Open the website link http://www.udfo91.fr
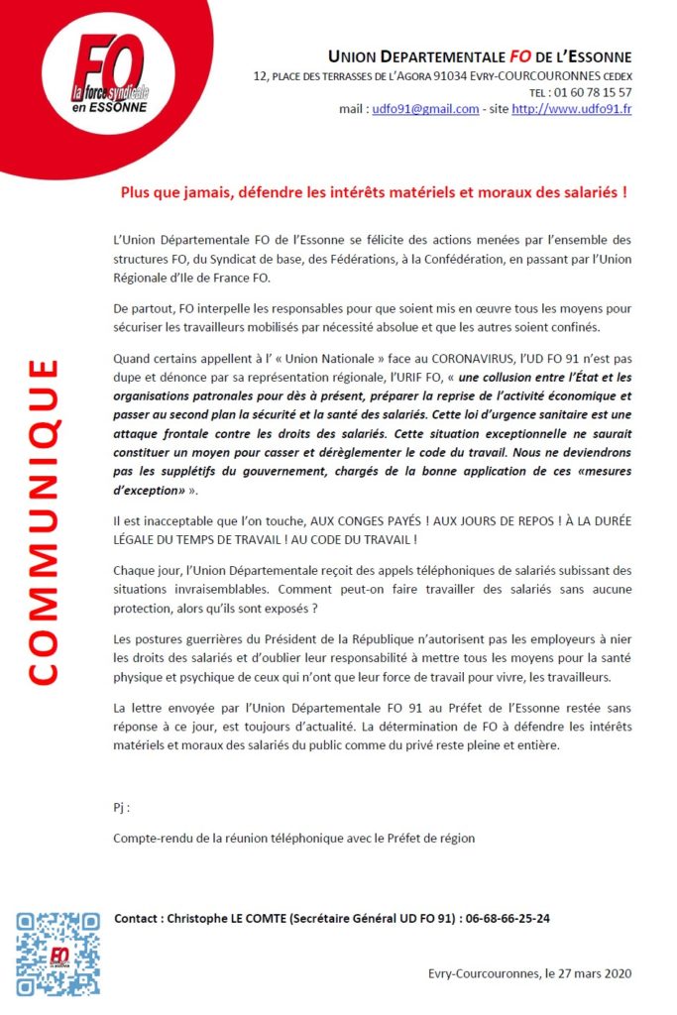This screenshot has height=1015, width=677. pos(571,109)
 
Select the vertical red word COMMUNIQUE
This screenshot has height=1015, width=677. pos(42,521)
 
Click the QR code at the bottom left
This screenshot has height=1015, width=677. pos(57,954)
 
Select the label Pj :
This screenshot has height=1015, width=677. pos(122,808)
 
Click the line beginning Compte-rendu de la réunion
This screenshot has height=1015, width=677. pos(294,838)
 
